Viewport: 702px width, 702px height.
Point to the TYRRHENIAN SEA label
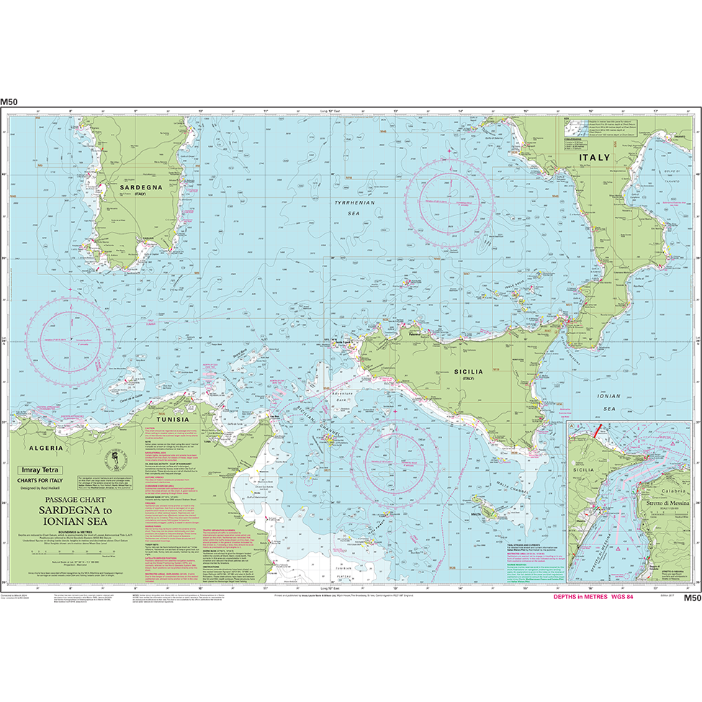pyautogui.click(x=351, y=209)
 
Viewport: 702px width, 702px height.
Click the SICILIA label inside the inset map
pyautogui.click(x=584, y=468)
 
